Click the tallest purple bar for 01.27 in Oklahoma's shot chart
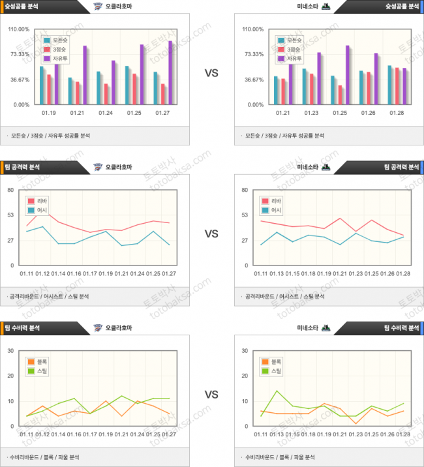click(x=170, y=72)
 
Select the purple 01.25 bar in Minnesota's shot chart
click(x=348, y=75)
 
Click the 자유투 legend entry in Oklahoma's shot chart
click(x=60, y=59)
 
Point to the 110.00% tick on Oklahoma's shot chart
click(x=19, y=29)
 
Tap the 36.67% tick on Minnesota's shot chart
click(x=253, y=80)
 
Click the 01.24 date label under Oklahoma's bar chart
click(x=106, y=112)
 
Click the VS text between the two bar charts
click(x=211, y=74)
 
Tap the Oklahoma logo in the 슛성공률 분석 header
click(x=98, y=6)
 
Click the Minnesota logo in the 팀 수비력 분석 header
click(x=326, y=328)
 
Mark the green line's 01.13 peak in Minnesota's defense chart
click(x=277, y=391)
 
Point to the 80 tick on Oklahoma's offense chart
click(x=10, y=190)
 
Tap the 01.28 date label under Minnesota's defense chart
click(x=402, y=434)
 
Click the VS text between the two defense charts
click(x=211, y=395)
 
